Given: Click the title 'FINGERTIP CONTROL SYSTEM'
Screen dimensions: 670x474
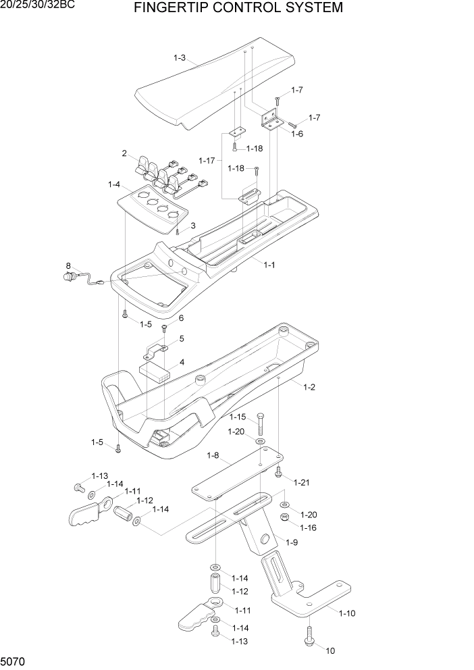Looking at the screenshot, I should (238, 8).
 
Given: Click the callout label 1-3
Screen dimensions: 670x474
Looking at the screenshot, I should (179, 59).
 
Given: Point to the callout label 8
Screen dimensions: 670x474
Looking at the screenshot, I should (68, 265).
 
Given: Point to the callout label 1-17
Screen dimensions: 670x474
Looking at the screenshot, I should (207, 160).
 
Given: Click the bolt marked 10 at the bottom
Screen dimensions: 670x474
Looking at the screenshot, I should (310, 636).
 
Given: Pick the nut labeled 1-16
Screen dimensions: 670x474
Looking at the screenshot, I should (285, 517).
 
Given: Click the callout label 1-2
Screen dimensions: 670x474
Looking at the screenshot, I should (309, 387).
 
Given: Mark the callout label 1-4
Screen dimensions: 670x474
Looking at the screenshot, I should (114, 184).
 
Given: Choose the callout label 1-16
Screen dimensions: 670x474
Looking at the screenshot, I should (309, 527).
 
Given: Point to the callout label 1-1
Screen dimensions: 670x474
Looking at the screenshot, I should (269, 265).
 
